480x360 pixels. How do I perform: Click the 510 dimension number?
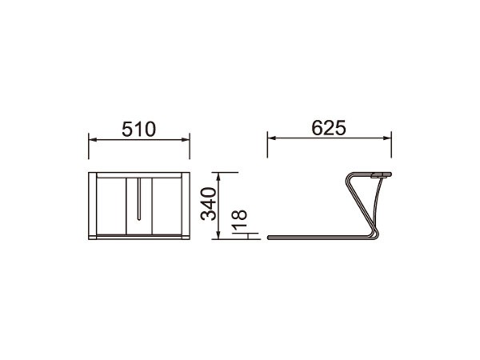point(138,129)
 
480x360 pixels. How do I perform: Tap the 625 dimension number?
point(329,128)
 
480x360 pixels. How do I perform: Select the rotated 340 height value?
point(209,204)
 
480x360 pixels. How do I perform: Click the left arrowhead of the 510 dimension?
point(93,140)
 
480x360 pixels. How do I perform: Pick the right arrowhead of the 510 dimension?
point(186,140)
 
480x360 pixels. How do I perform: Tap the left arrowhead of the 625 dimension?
point(271,138)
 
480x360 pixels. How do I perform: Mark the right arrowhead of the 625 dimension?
point(387,138)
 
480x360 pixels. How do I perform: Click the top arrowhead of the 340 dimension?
point(218,177)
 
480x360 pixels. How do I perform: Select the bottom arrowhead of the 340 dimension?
point(218,235)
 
